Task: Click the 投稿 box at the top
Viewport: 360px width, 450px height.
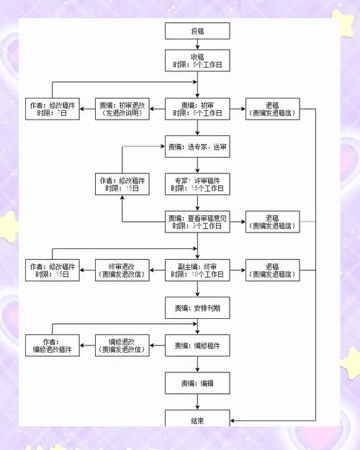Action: [x=197, y=31]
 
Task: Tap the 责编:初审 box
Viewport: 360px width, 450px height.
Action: [x=197, y=109]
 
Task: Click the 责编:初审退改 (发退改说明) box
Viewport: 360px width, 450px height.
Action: [x=122, y=109]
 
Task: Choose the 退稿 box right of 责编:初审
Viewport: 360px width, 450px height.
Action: [x=271, y=109]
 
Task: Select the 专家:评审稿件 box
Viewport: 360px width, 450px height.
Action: [x=197, y=184]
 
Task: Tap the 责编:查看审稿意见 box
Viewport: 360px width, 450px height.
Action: [x=197, y=222]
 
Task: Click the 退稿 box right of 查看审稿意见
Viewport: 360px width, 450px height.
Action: [x=271, y=222]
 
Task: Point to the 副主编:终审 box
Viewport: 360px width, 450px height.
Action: [x=197, y=270]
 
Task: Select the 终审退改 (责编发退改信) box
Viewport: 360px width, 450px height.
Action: [x=122, y=270]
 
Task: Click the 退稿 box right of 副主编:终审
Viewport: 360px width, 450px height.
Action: [x=271, y=270]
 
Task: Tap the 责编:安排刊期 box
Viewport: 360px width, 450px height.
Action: [x=197, y=308]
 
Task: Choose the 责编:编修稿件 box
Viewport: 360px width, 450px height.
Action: [x=197, y=346]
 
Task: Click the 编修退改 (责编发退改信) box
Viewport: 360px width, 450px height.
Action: [x=122, y=346]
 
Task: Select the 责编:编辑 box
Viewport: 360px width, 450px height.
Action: [x=197, y=383]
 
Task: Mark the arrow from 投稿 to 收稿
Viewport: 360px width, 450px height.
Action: [x=197, y=45]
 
